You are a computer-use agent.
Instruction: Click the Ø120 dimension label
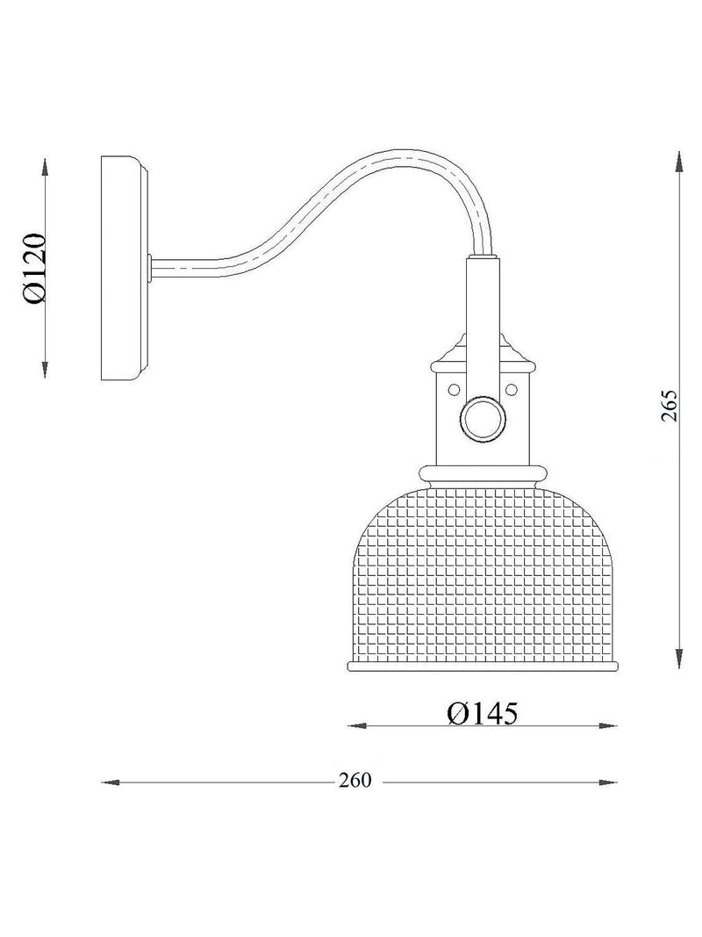click(35, 269)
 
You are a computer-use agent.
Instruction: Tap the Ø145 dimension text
click(483, 712)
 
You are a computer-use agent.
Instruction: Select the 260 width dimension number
click(355, 781)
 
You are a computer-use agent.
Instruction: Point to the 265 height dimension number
click(670, 407)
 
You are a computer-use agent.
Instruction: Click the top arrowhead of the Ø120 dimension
click(45, 168)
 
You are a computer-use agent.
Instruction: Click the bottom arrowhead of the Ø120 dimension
click(45, 369)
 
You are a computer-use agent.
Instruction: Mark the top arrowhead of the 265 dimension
click(679, 162)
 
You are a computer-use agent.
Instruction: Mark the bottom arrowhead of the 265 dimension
click(679, 658)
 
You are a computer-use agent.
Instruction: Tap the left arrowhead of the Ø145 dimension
click(357, 725)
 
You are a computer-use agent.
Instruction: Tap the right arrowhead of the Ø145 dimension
click(608, 725)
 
